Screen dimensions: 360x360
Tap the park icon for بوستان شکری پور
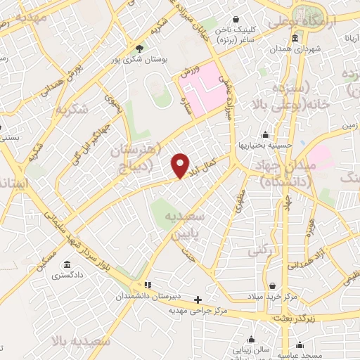coord(140,49)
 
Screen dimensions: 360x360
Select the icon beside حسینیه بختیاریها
coord(264,134)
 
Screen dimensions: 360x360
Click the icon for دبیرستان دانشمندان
coord(148,285)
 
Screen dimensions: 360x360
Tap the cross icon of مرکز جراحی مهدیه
coord(198,300)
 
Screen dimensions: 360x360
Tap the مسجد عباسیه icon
coord(300,345)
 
